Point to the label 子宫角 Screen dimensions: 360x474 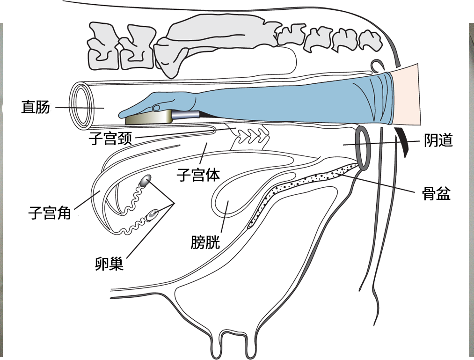pos(50,214)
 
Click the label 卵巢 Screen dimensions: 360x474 pos(109,264)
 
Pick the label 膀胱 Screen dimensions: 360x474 pos(205,242)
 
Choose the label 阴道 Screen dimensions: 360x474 pos(438,140)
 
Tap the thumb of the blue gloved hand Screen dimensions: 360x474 pos(157,108)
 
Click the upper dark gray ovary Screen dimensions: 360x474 pos(146,180)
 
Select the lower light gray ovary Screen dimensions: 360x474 pos(153,214)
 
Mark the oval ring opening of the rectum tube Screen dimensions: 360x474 pos(81,105)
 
